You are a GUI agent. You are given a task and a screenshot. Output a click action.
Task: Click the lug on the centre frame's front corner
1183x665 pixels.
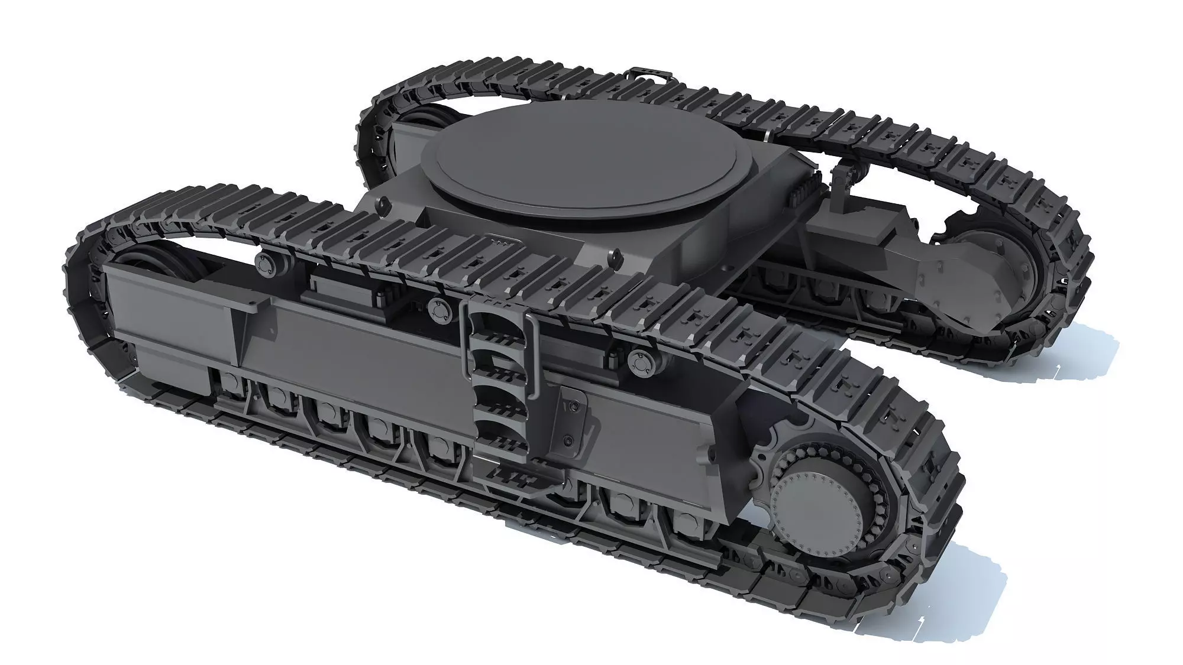pyautogui.click(x=613, y=258)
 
